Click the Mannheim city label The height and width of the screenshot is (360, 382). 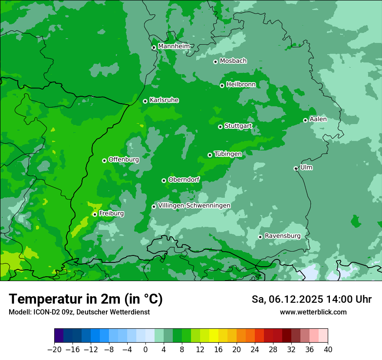174,46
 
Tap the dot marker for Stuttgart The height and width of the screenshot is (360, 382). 221,127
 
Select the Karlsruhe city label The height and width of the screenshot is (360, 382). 164,100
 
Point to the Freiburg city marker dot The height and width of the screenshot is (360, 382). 95,214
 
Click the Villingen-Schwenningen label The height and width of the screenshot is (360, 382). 194,205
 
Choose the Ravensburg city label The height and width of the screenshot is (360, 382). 283,236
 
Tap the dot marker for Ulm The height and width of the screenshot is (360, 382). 296,168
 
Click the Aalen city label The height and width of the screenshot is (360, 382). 318,119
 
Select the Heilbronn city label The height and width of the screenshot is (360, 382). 241,84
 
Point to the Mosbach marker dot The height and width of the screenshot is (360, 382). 215,62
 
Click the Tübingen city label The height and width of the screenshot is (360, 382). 228,154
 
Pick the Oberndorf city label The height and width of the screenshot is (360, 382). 184,180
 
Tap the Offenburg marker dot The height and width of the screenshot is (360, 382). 104,160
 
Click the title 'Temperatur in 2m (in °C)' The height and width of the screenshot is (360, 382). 86,299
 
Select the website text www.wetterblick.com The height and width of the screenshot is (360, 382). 313,312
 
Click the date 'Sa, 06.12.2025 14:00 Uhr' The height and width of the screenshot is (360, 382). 311,299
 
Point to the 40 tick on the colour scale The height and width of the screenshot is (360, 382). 328,350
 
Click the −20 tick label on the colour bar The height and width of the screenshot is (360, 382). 54,350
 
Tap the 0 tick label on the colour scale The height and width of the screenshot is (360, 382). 145,350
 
